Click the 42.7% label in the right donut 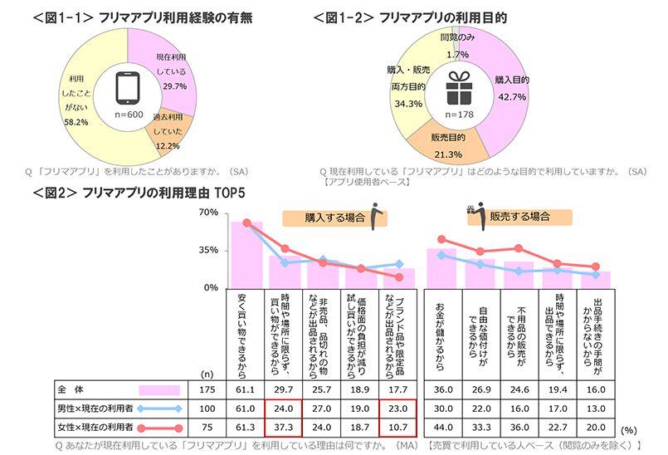pyautogui.click(x=511, y=96)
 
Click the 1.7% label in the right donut pyautogui.click(x=457, y=54)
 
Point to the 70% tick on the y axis pyautogui.click(x=208, y=213)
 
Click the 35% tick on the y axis pyautogui.click(x=208, y=250)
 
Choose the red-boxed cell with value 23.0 pyautogui.click(x=398, y=407)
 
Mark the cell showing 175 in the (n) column pyautogui.click(x=207, y=389)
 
